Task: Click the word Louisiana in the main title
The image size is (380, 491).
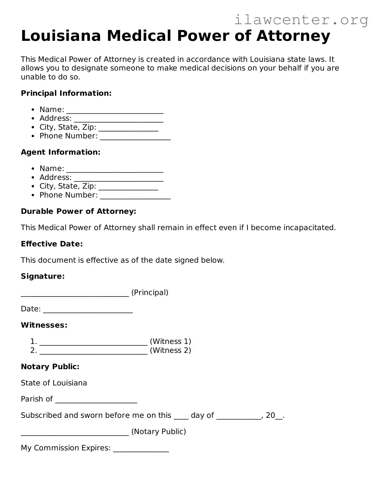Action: [x=61, y=36]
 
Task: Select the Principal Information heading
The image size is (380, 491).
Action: [x=66, y=93]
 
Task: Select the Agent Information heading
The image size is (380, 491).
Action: [x=61, y=152]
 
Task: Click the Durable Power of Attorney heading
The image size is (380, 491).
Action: [x=78, y=211]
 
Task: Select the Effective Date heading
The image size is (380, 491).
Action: [x=52, y=244]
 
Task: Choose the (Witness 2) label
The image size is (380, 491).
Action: [x=170, y=350]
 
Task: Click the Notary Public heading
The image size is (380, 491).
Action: [x=50, y=367]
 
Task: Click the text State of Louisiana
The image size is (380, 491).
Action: [x=54, y=383]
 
